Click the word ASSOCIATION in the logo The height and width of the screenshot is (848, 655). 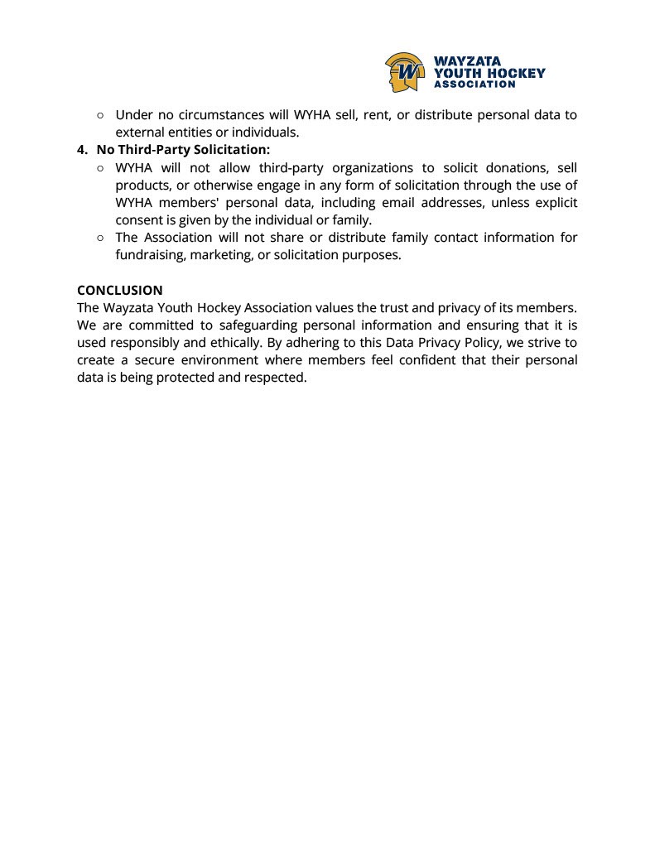(474, 84)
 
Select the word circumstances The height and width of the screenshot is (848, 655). (219, 115)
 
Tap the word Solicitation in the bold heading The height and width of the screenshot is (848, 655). (231, 150)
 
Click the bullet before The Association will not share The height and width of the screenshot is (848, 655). (100, 238)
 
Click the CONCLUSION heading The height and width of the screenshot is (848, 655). (120, 290)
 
